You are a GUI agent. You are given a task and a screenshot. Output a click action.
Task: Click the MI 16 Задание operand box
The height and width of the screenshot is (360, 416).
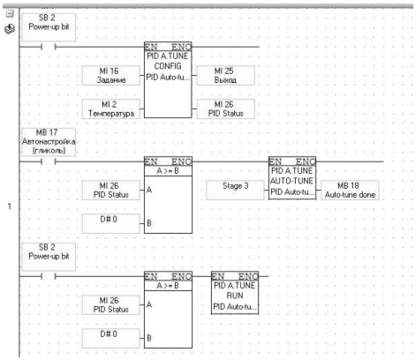coord(110,75)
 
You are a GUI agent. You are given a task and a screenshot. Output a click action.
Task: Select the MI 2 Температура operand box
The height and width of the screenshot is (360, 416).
coord(110,109)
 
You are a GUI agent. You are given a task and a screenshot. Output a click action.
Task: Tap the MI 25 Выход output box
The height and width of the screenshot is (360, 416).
coord(225,75)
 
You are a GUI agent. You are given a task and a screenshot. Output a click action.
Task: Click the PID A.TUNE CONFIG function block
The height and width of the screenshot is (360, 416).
coord(168,80)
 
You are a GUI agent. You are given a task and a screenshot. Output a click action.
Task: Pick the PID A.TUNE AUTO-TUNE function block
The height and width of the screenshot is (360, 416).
coord(292,178)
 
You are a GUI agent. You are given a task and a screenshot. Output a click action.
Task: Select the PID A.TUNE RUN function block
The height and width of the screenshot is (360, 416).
coord(235,293)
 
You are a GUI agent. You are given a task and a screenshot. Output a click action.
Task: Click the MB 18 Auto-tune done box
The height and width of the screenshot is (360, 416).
coord(350,190)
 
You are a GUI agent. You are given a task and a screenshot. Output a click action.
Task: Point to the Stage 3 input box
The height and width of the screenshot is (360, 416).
coord(235,190)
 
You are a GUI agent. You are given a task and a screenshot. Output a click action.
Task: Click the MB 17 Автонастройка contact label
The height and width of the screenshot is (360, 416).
coord(49,142)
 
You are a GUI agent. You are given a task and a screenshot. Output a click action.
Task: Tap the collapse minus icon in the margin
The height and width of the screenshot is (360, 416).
coord(10,13)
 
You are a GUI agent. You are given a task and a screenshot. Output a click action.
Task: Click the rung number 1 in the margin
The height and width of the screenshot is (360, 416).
coord(10,206)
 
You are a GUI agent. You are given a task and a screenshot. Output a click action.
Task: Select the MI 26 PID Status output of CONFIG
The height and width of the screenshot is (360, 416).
coord(225,109)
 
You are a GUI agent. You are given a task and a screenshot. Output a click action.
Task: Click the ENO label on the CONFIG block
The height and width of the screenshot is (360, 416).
coord(181,47)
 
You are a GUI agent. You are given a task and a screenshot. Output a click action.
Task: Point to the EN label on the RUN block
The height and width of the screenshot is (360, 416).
coord(218,276)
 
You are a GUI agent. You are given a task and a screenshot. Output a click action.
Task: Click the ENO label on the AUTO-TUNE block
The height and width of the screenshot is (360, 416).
coord(306,161)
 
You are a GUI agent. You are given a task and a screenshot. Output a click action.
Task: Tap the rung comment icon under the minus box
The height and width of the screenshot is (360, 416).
coord(10,29)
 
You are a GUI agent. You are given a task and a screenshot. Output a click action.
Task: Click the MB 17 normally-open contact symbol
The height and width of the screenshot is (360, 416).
coord(49,161)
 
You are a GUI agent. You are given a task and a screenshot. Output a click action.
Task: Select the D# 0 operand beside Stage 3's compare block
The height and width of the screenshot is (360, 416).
coord(110,223)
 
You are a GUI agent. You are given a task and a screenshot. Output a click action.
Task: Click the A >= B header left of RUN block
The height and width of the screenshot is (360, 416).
coord(168,286)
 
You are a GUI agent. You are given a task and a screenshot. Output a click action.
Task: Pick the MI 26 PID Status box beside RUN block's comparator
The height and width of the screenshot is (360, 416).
coord(110,304)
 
